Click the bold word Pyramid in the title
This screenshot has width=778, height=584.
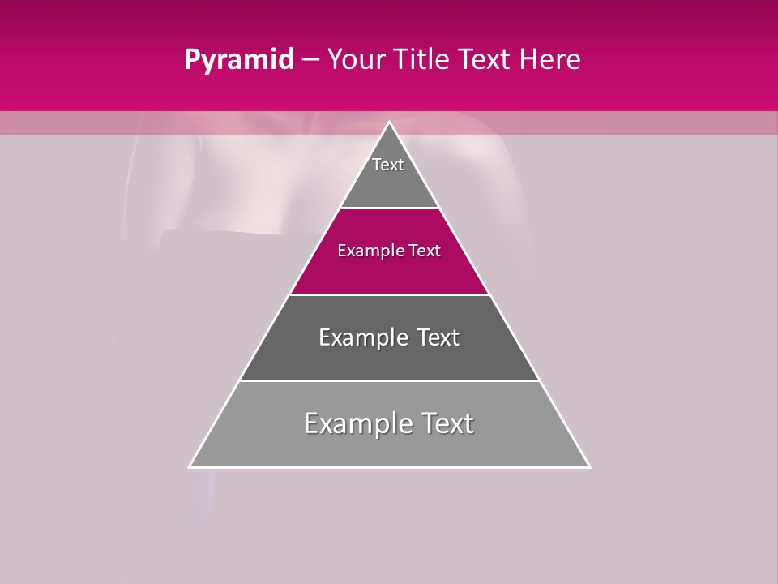tap(238, 60)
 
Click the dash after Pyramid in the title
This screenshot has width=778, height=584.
tap(310, 60)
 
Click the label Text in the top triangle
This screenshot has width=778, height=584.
tap(388, 165)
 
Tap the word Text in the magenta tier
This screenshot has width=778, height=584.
tap(425, 251)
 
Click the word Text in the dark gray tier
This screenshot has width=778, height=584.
tap(438, 337)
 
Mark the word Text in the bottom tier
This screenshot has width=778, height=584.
tap(447, 423)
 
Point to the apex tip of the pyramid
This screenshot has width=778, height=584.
tap(389, 122)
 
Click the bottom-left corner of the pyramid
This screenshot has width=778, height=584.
tap(190, 466)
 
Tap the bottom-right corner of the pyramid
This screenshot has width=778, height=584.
tap(589, 466)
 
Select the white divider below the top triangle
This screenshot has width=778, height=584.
tap(389, 208)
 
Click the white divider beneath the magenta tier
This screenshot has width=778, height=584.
tap(389, 294)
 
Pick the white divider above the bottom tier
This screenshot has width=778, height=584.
tap(389, 380)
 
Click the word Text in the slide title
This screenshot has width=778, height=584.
tap(485, 60)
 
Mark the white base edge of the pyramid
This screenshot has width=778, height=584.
tap(389, 467)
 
